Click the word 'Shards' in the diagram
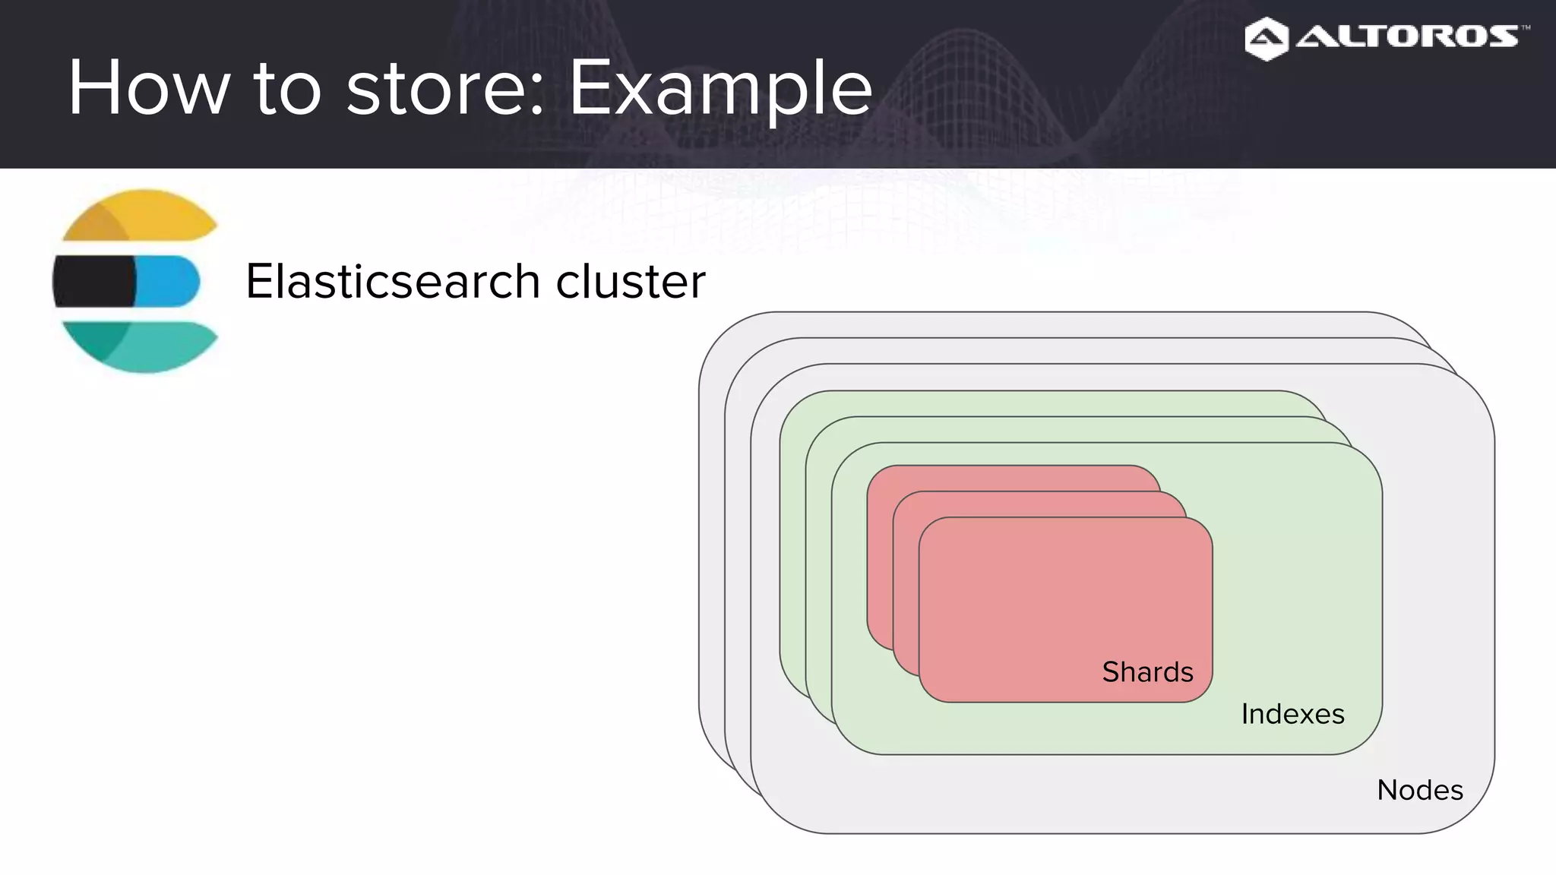click(1147, 672)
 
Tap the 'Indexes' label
click(1292, 714)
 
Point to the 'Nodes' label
click(1419, 790)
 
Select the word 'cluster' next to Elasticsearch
click(631, 281)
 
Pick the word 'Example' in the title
click(720, 89)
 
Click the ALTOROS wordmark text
click(1406, 36)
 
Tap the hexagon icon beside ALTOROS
click(1267, 39)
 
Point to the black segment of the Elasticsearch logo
click(93, 281)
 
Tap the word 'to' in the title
click(287, 89)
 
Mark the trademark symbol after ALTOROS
click(1526, 27)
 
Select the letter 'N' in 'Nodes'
click(1388, 790)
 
